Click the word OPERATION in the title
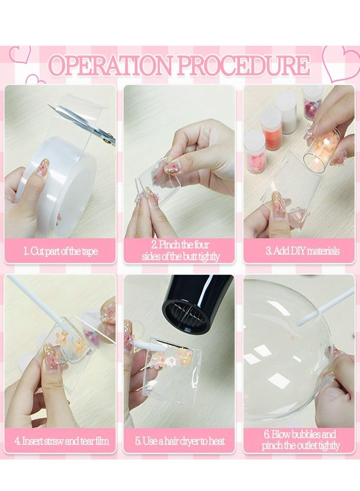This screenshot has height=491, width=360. (111, 65)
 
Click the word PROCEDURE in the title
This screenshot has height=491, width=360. (244, 65)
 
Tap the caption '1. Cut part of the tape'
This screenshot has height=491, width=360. (61, 251)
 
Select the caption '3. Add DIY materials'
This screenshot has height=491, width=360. (302, 251)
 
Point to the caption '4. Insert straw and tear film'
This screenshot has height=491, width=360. (61, 441)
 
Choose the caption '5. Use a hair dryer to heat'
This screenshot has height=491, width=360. (180, 441)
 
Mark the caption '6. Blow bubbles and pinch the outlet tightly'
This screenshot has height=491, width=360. (300, 440)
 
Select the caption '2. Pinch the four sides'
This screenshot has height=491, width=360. (181, 250)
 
